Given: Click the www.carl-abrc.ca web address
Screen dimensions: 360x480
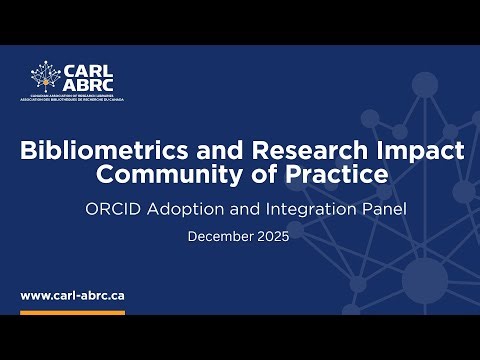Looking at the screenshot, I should [x=72, y=296].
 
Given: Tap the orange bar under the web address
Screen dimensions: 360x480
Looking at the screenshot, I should [x=72, y=313].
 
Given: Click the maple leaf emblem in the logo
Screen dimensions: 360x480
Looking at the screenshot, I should [x=45, y=78].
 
